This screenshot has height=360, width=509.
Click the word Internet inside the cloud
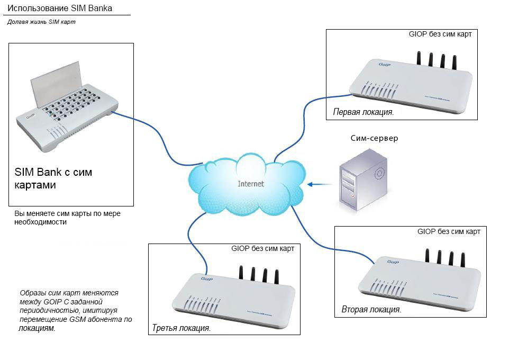[x=251, y=184]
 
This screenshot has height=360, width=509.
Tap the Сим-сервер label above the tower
[x=374, y=138]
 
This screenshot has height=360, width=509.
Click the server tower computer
[x=364, y=180]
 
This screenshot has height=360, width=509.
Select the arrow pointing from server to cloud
[x=317, y=184]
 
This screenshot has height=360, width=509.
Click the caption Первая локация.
[x=363, y=112]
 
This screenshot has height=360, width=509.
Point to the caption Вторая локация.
[x=371, y=309]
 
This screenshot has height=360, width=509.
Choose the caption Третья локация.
[x=181, y=328]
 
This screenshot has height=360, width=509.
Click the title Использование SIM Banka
[x=59, y=8]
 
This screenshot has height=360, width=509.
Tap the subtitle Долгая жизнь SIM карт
[x=41, y=22]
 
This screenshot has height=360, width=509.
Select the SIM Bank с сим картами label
[x=53, y=179]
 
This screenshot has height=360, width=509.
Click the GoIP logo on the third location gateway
[x=206, y=278]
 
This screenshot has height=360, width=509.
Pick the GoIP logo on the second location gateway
[x=392, y=262]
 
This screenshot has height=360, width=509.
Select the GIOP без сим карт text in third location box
[x=262, y=248]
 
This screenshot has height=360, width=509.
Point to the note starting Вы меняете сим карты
[x=68, y=218]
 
